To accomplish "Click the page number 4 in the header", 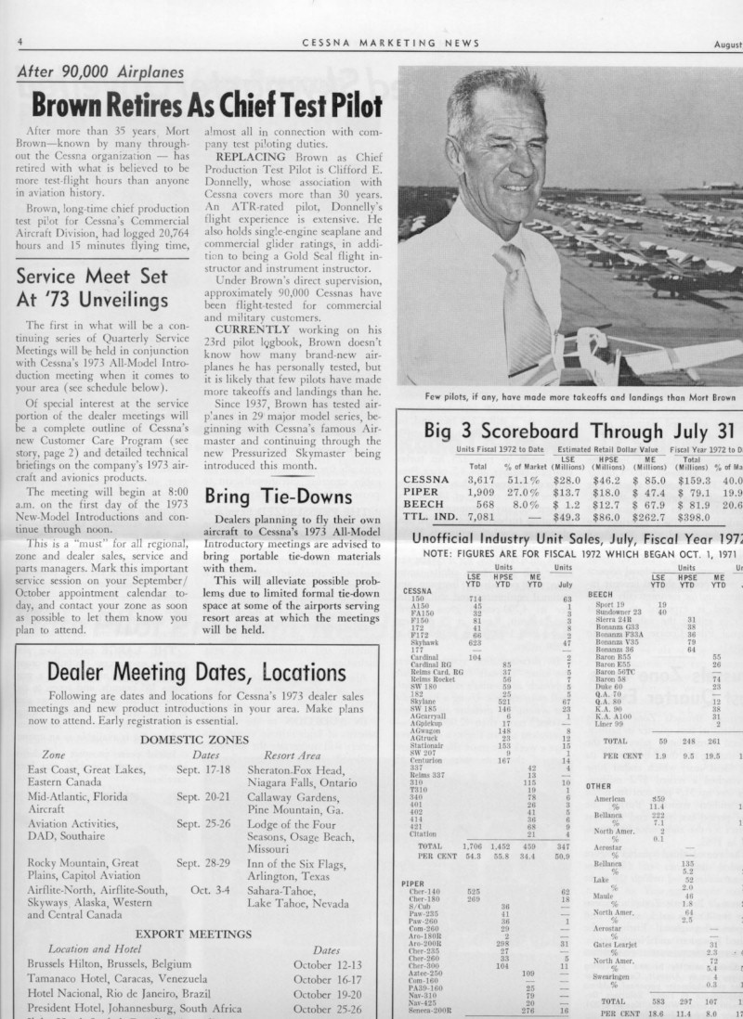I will pos(20,43).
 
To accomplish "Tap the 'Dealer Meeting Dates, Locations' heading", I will pos(194,672).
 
